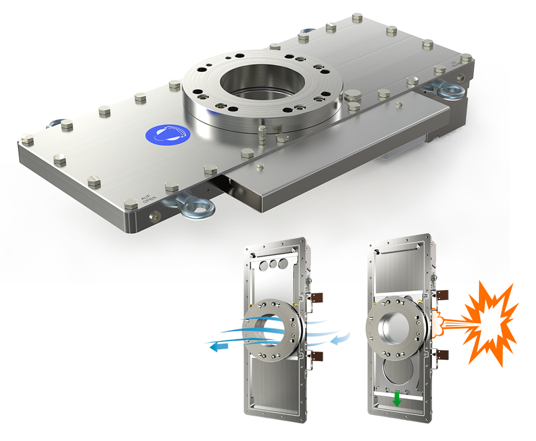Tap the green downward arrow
point(397,401)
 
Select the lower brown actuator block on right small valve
point(443,355)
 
